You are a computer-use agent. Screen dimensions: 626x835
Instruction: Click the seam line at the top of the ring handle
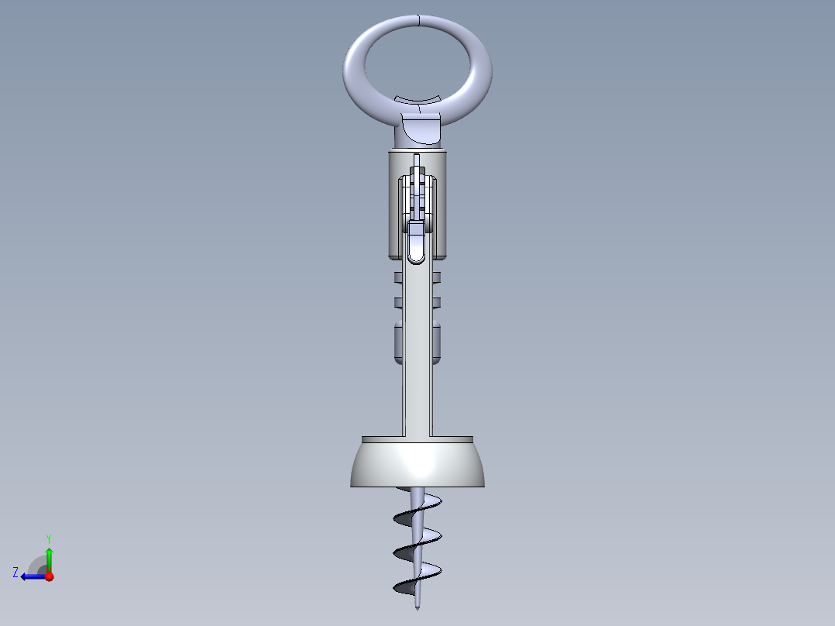(417, 19)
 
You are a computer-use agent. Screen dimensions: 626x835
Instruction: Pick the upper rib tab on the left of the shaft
(398, 277)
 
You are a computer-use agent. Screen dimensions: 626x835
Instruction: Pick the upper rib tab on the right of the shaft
(436, 277)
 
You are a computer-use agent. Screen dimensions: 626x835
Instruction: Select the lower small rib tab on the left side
(398, 301)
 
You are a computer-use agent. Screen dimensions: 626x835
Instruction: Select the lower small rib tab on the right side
(436, 301)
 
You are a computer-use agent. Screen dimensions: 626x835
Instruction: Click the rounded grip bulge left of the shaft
(397, 342)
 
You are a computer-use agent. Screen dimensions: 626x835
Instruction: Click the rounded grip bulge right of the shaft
(437, 342)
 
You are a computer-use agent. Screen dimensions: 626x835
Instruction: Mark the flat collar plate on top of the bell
(417, 439)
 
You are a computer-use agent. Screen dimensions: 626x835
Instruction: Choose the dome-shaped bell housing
(417, 465)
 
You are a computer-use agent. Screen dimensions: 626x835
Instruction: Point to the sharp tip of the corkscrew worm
(417, 607)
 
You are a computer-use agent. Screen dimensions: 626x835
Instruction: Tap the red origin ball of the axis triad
(49, 576)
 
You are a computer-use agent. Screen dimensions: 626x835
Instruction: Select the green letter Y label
(48, 538)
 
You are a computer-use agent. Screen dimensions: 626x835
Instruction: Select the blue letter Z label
(15, 573)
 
